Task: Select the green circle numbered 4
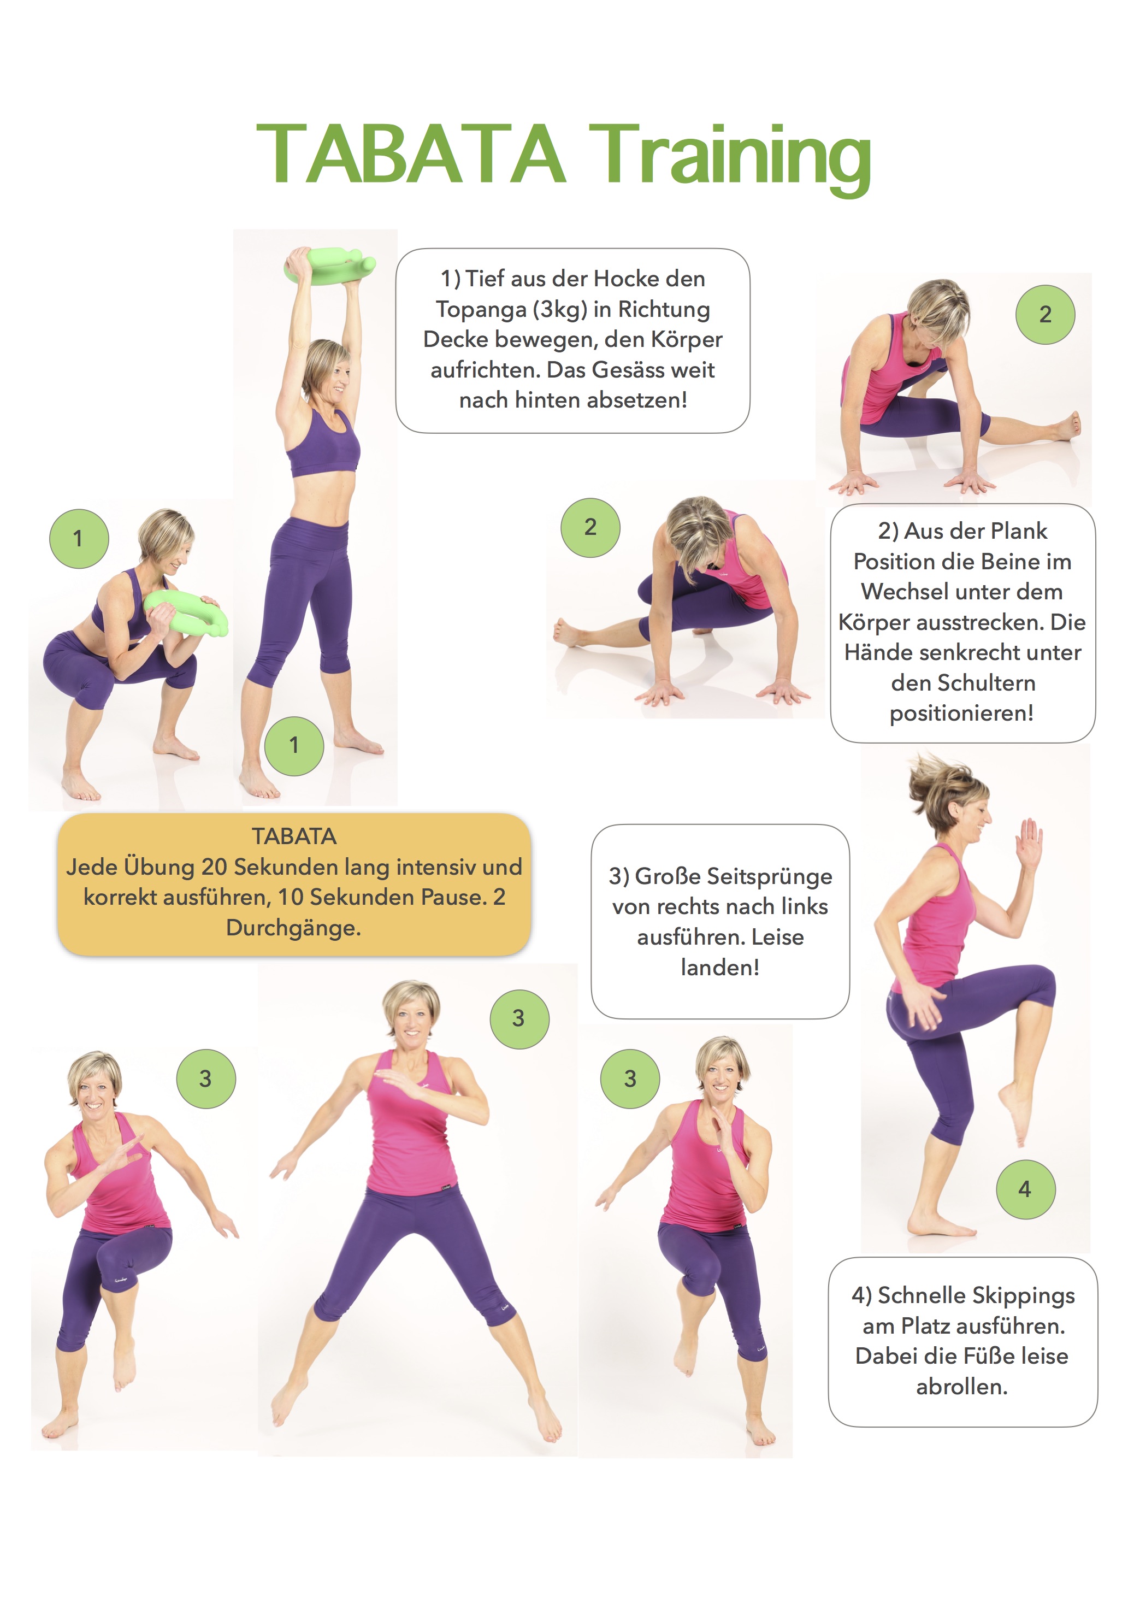click(1025, 1189)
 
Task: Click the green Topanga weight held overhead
click(329, 267)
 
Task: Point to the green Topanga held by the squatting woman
click(186, 611)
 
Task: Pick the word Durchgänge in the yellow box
click(292, 929)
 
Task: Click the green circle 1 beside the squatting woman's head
click(79, 538)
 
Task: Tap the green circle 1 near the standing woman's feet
click(294, 746)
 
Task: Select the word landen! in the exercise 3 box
click(720, 968)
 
